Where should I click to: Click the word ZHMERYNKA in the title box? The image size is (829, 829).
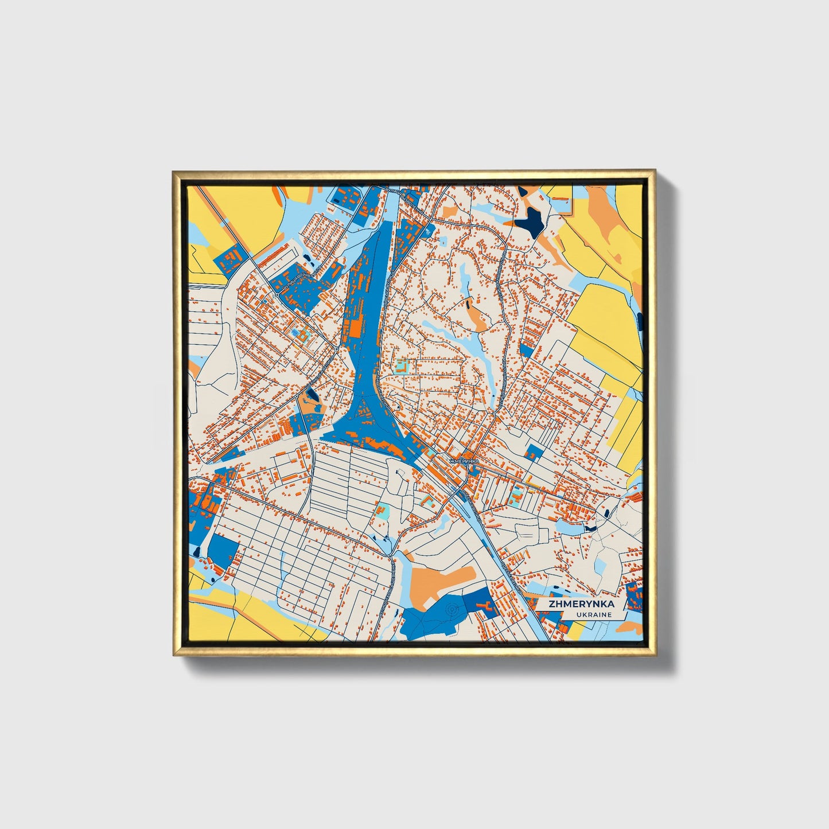pyautogui.click(x=581, y=604)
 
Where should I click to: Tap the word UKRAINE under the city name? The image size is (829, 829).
pyautogui.click(x=594, y=614)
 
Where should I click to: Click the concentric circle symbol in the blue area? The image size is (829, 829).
pyautogui.click(x=452, y=610)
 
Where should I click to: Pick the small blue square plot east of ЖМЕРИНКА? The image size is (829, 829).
pyautogui.click(x=534, y=452)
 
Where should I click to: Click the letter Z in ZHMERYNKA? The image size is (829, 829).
pyautogui.click(x=552, y=604)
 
